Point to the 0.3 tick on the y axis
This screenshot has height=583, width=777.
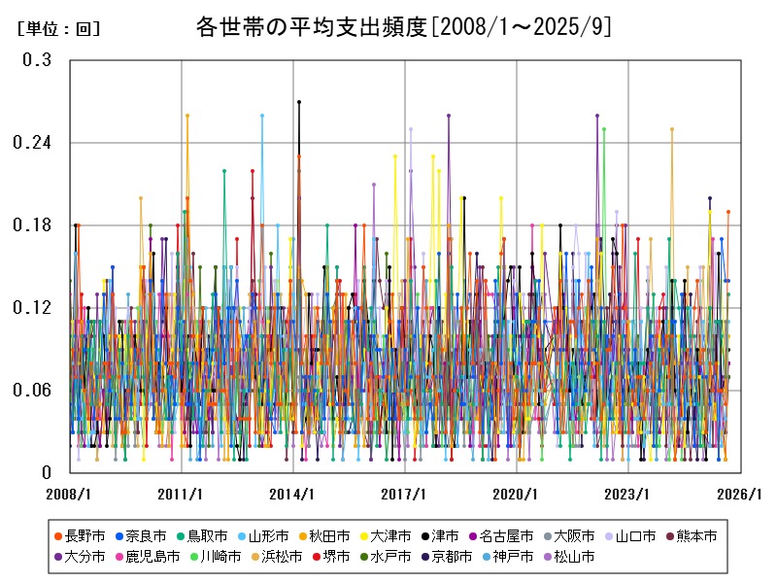(38, 60)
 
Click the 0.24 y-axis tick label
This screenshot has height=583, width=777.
(33, 143)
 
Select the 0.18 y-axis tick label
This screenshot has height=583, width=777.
(33, 225)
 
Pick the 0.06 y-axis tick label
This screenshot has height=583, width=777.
(33, 391)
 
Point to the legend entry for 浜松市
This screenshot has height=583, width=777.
(282, 557)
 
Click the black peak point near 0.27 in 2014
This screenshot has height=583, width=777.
(299, 102)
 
